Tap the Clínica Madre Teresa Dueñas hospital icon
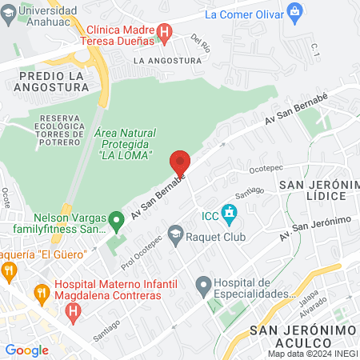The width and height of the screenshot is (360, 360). point(165,33)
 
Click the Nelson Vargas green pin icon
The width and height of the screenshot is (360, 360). point(116,218)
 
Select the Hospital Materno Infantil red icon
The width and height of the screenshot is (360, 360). point(74,309)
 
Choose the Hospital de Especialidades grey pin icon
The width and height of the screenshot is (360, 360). point(203,284)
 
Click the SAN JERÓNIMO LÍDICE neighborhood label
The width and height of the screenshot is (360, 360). point(314,190)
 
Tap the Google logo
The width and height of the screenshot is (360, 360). point(26,350)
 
